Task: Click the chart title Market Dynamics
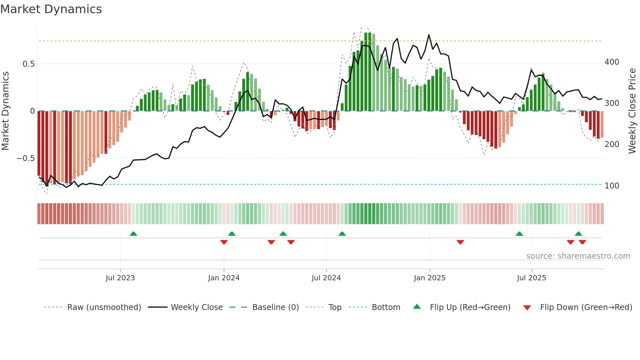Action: click(51, 9)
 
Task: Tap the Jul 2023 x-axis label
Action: click(120, 278)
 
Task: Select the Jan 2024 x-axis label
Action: click(224, 278)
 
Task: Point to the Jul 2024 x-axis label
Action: click(326, 278)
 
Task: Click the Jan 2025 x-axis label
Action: click(429, 278)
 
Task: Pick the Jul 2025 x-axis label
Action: click(531, 278)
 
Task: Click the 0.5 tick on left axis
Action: click(29, 64)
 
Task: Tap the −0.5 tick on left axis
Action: click(25, 158)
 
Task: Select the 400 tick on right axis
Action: click(612, 62)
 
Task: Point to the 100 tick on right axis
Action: click(612, 186)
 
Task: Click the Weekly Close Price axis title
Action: click(632, 111)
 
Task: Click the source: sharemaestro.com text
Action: click(578, 256)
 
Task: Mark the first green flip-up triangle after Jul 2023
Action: click(133, 234)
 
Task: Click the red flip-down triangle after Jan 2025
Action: click(460, 242)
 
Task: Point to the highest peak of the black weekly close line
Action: click(428, 35)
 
